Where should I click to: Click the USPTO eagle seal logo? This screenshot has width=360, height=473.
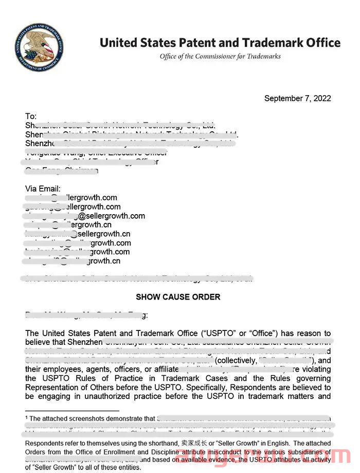pos(40,47)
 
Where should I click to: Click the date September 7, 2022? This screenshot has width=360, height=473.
pos(297,98)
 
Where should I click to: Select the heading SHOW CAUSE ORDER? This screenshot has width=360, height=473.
pos(178,297)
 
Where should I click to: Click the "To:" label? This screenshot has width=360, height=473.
pos(31,116)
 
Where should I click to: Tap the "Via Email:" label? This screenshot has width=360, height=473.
pos(43,188)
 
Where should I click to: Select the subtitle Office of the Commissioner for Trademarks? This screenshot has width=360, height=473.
pos(220,56)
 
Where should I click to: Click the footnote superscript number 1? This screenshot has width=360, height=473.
pos(27,417)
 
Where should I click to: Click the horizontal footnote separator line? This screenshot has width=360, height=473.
pos(72,411)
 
